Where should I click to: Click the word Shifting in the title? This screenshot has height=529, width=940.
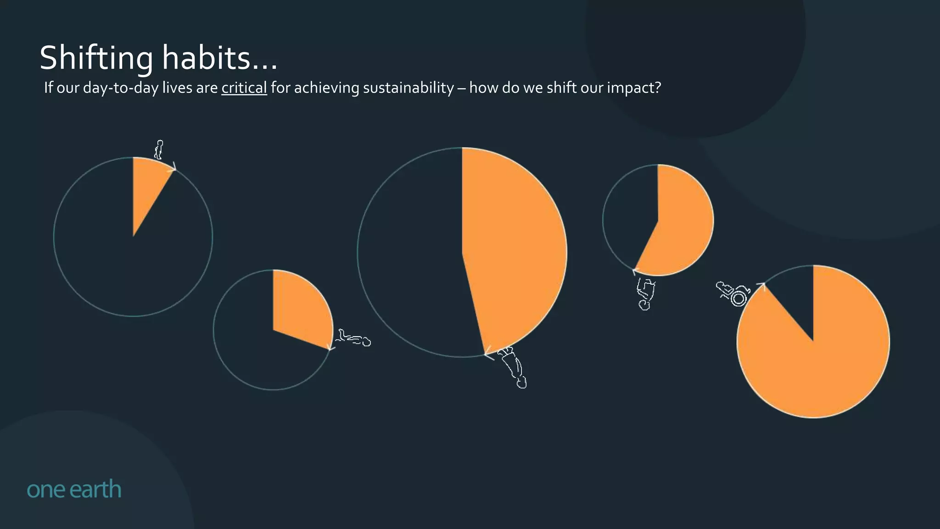(x=96, y=59)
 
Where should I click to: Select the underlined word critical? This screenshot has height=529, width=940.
(x=244, y=87)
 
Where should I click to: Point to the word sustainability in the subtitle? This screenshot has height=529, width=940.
(x=408, y=87)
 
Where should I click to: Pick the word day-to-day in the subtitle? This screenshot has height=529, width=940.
(x=120, y=87)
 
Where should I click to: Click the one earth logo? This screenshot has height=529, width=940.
(x=74, y=489)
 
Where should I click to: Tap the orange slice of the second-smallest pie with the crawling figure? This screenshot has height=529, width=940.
(x=301, y=308)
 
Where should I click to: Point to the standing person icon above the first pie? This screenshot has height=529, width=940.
(x=159, y=150)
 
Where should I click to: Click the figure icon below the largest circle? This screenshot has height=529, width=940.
(x=514, y=367)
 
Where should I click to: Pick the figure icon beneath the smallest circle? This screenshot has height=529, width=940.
(x=645, y=294)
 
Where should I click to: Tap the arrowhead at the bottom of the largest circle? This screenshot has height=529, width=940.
(x=488, y=354)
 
